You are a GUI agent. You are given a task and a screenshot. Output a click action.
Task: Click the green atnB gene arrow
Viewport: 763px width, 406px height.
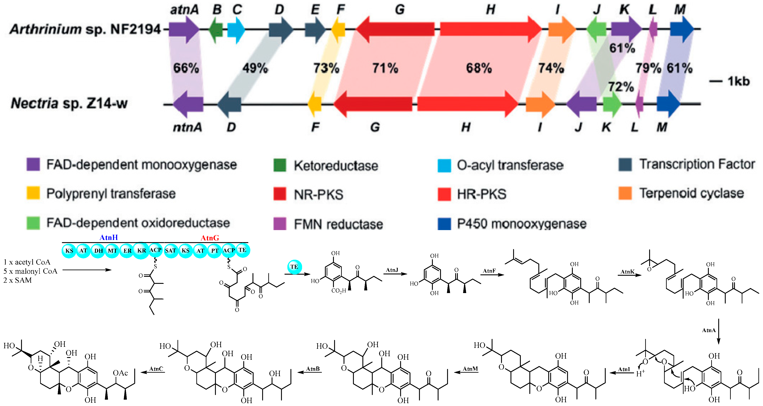[x=216, y=29]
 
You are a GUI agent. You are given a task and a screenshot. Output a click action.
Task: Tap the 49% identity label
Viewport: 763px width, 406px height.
[x=255, y=68]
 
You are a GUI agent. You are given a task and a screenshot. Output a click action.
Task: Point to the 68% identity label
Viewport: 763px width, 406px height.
[x=479, y=68]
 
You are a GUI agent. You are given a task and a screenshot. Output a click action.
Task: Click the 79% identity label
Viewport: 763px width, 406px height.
[x=648, y=68]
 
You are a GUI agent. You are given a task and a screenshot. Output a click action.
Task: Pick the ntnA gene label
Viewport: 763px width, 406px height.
[x=187, y=127]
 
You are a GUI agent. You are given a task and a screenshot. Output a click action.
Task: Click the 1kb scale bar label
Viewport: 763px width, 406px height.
[x=738, y=81]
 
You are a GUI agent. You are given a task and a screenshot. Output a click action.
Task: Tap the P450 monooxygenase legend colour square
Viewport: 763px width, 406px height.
[x=444, y=224]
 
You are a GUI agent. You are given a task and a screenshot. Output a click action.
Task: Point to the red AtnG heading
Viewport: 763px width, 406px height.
[x=210, y=238]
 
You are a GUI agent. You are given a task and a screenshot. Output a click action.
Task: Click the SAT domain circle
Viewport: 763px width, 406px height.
[x=171, y=250]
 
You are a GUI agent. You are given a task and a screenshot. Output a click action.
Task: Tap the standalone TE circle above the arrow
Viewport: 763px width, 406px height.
[x=294, y=267]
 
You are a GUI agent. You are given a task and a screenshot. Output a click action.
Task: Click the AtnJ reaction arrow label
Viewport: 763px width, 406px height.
[x=392, y=270]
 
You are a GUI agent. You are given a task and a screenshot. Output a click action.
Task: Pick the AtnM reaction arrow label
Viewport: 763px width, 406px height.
[x=470, y=369]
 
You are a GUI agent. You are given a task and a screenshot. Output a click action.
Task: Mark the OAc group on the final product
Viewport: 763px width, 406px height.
[x=120, y=373]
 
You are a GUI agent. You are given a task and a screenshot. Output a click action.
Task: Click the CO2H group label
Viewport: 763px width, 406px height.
[x=339, y=291]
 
